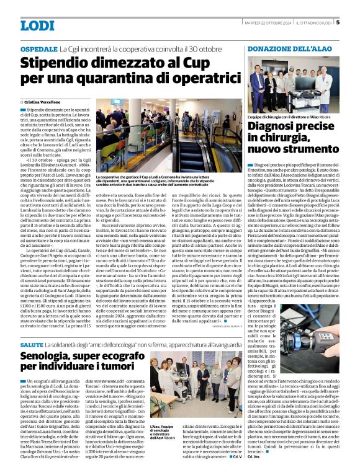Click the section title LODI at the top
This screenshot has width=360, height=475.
pos(37,25)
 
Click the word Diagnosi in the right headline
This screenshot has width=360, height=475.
pos(277,127)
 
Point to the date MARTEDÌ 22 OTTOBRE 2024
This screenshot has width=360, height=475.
pos(263,24)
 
